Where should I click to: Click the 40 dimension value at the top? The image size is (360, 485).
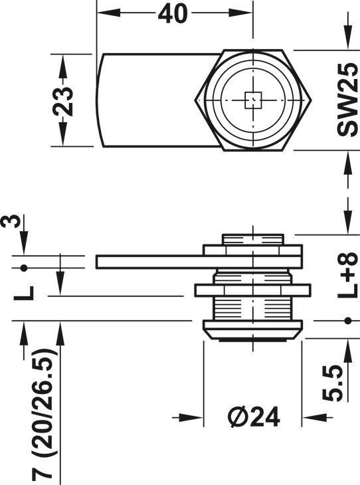point(173,13)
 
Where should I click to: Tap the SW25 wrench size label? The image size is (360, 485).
point(347,100)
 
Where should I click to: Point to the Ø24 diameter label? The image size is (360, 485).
point(254,417)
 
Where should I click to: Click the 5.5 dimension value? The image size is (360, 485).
point(333,383)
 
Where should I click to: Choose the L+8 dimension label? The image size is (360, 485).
point(347,275)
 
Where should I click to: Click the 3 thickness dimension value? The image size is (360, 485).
point(11,221)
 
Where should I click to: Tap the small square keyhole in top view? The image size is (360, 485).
point(253,100)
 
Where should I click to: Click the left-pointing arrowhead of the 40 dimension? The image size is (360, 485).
point(108,13)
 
